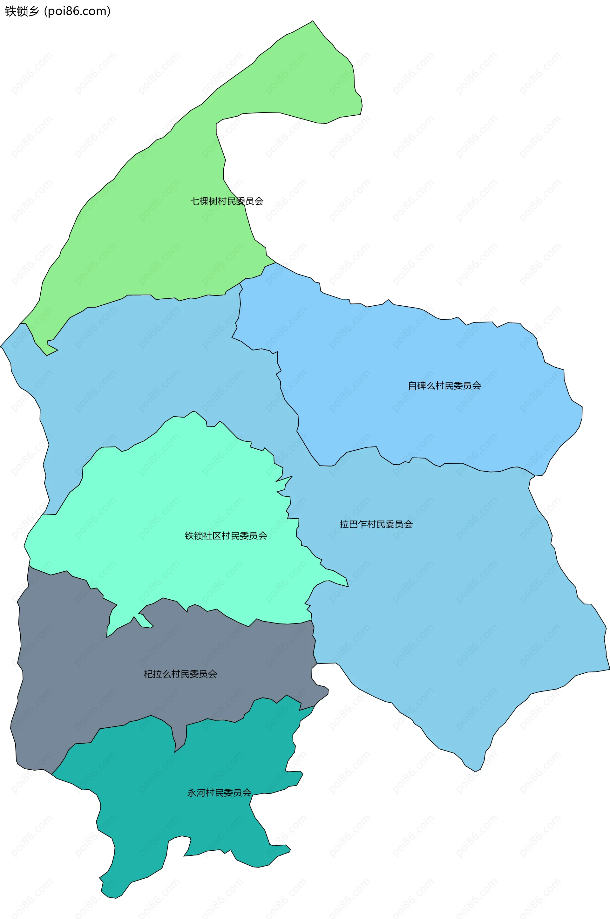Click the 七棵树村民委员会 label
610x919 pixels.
pos(227,201)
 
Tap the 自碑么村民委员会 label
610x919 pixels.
pos(444,385)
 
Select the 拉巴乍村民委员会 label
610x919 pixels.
pos(376,524)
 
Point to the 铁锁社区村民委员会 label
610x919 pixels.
pos(226,536)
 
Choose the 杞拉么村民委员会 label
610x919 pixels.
pos(180,674)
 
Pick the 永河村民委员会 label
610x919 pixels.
pos(219,793)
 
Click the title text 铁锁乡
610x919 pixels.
pos(22,11)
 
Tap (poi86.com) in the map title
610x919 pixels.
pos(78,11)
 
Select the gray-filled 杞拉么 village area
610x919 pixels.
pos(78,681)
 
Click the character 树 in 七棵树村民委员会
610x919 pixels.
pos(213,201)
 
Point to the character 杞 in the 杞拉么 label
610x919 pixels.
pos(148,674)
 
